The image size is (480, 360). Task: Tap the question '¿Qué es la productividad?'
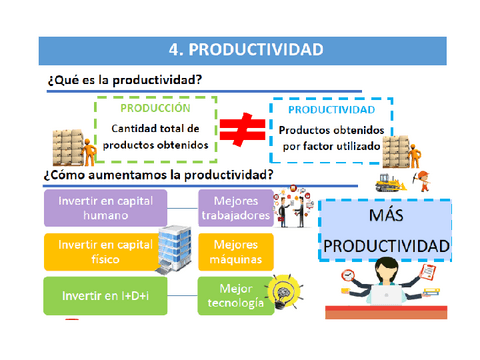tap(123, 79)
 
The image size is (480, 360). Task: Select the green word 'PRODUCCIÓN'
tap(154, 108)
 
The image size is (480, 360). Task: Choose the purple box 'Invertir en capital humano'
tap(104, 207)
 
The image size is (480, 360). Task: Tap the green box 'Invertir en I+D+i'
tap(104, 295)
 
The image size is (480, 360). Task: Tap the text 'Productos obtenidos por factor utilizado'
tap(332, 138)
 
